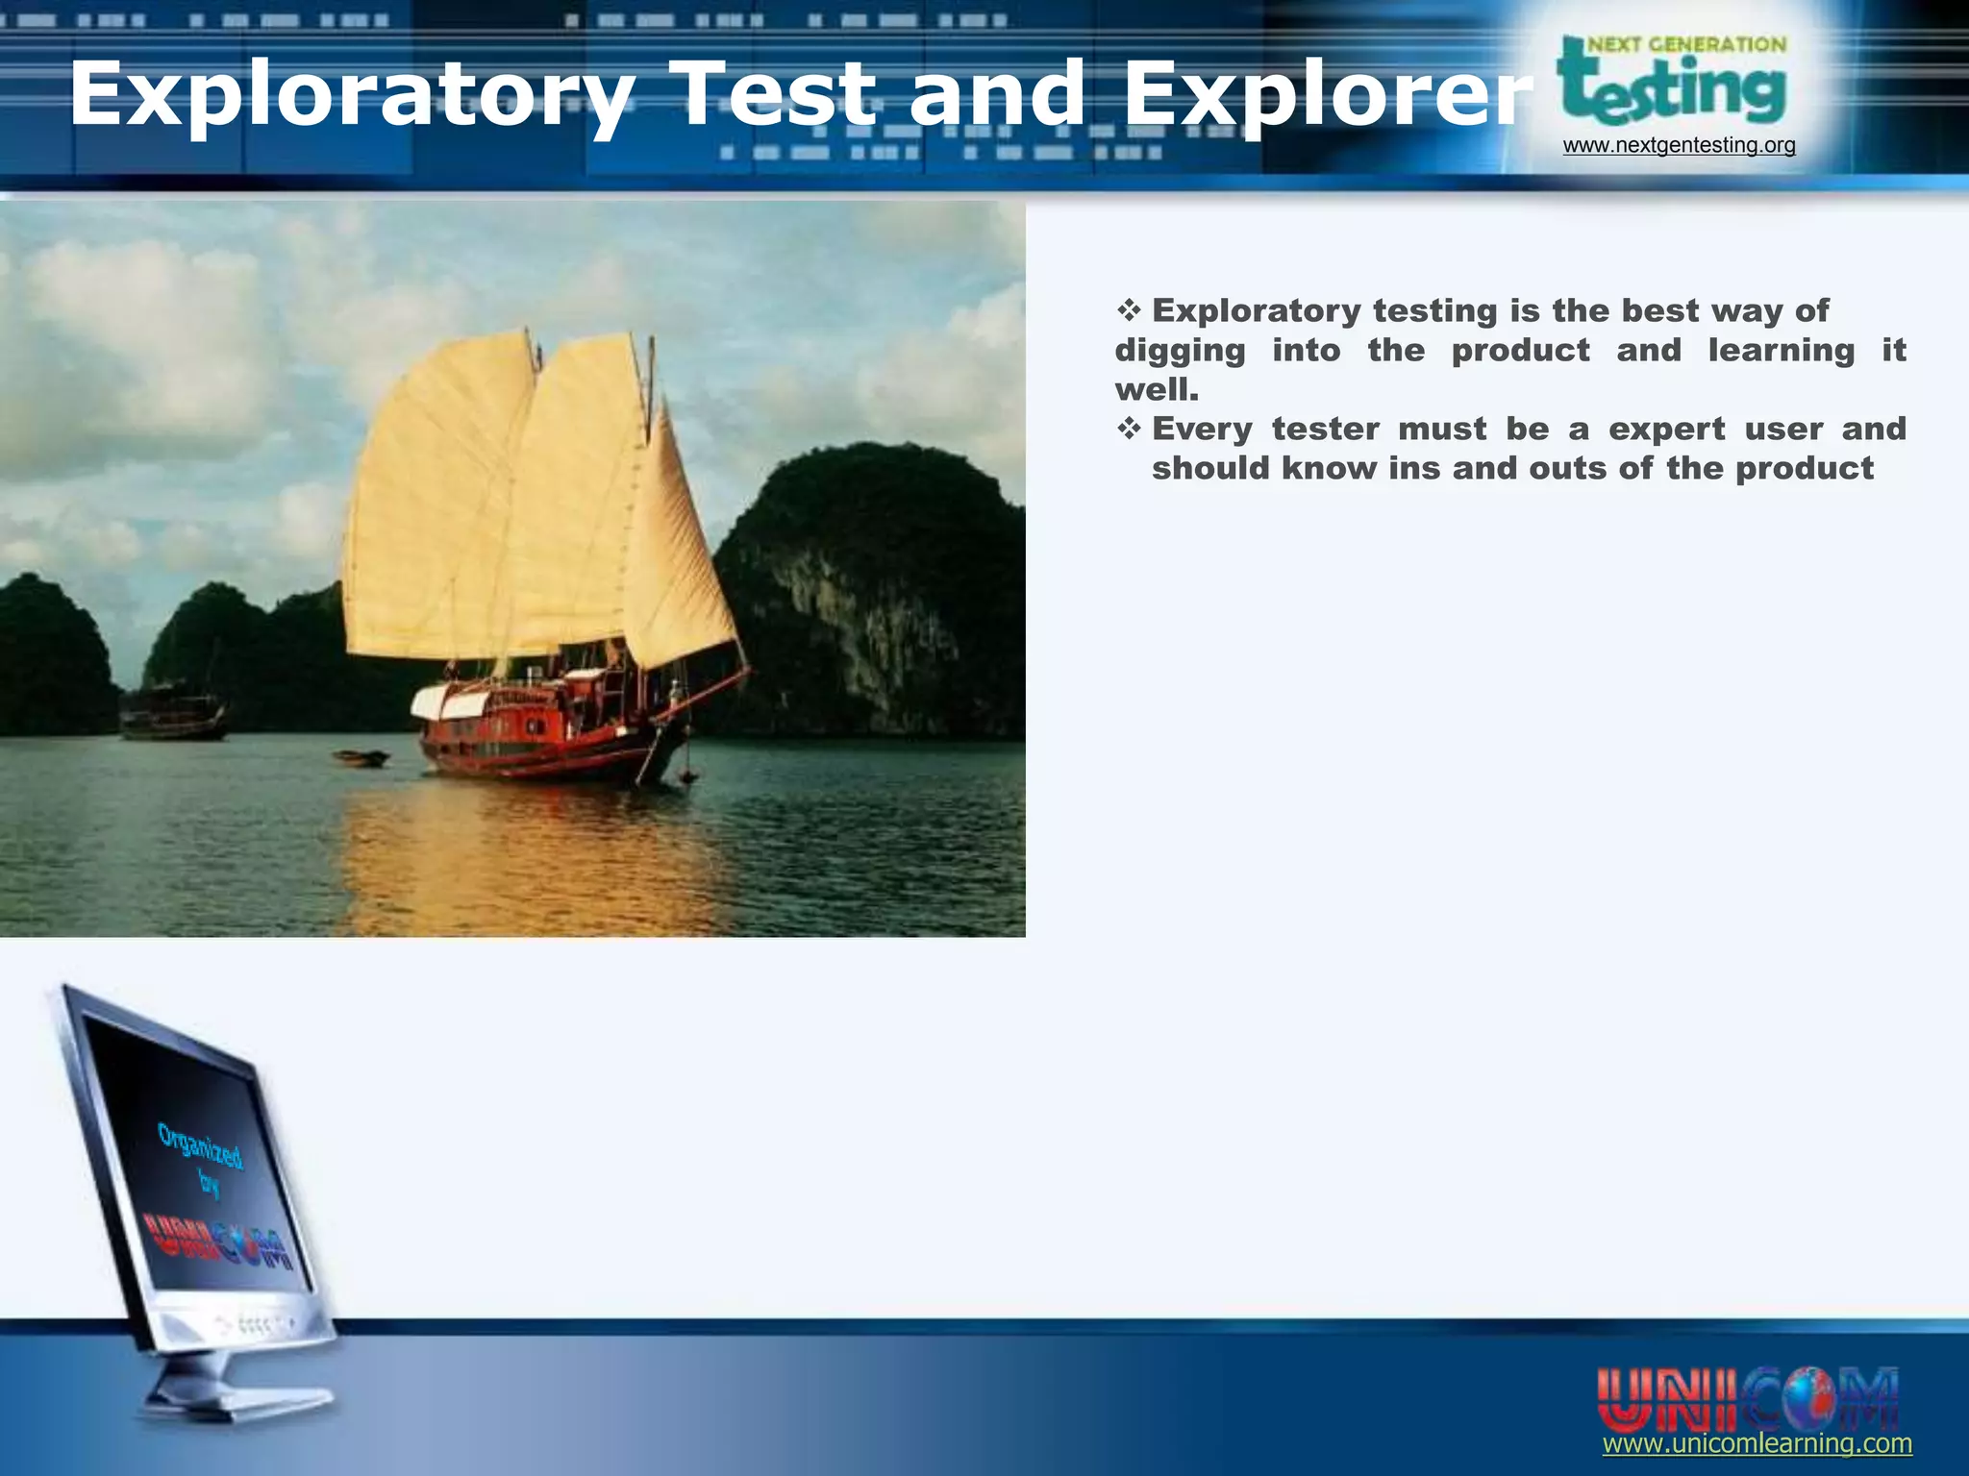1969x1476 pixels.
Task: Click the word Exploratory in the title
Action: pyautogui.click(x=351, y=94)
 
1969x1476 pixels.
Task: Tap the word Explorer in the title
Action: pyautogui.click(x=1327, y=94)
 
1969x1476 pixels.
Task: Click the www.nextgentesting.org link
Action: pyautogui.click(x=1679, y=145)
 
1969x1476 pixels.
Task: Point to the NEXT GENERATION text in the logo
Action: pyautogui.click(x=1686, y=44)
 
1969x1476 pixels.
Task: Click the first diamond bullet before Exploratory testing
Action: pyautogui.click(x=1128, y=310)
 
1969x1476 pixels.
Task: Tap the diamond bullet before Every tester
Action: pyautogui.click(x=1128, y=429)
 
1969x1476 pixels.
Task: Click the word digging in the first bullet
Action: pyautogui.click(x=1180, y=351)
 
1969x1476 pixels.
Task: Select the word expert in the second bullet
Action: pyautogui.click(x=1666, y=429)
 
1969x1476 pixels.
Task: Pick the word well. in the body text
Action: pyautogui.click(x=1157, y=390)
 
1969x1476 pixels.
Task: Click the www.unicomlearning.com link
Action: pyautogui.click(x=1757, y=1443)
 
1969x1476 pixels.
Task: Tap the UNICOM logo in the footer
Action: pyautogui.click(x=1747, y=1398)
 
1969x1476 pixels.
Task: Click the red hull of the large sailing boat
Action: pyautogui.click(x=538, y=745)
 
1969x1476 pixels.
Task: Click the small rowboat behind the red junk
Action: pyautogui.click(x=361, y=758)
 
